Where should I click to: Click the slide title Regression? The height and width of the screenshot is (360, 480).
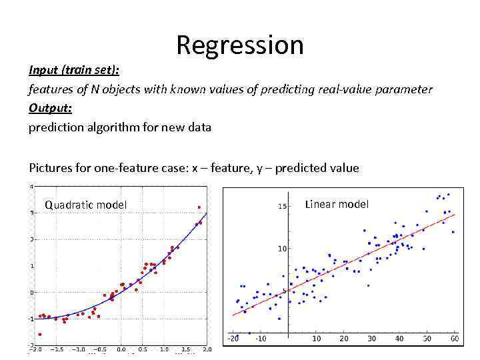pos(240,45)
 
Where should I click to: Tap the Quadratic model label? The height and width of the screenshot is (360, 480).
pos(85,205)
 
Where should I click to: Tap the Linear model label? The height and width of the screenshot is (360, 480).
pos(337,204)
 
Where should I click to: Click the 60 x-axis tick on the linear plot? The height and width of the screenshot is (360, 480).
pos(453,339)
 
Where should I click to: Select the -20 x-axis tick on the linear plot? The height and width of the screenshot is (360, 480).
pos(233,339)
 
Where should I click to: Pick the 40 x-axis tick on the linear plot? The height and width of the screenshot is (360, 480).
pos(399,339)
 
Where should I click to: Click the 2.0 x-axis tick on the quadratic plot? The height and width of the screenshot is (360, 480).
pos(207,349)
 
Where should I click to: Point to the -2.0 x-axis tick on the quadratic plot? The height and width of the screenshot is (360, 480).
pos(37,349)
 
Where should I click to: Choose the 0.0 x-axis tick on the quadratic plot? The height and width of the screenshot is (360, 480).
pos(121,349)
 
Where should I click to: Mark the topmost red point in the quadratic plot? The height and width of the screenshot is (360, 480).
pos(199,207)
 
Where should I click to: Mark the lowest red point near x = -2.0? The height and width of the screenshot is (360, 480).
pos(40,334)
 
